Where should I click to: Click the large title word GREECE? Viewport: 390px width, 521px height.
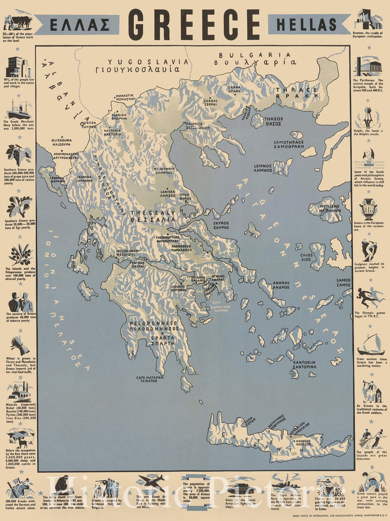(194, 25)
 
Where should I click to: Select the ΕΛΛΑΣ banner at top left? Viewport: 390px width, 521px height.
(79, 25)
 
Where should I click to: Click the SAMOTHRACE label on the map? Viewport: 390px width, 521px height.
(289, 144)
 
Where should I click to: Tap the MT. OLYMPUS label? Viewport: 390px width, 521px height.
(164, 171)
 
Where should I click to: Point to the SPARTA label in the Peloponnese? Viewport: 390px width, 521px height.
(162, 341)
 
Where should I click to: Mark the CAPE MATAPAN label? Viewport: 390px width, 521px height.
(149, 379)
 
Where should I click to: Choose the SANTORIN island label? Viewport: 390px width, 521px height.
(304, 364)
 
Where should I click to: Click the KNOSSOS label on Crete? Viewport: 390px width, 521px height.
(303, 443)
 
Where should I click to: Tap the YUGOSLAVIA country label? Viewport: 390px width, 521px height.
(148, 65)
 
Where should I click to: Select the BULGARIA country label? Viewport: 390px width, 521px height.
(255, 58)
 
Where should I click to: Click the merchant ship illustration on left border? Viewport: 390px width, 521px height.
(18, 110)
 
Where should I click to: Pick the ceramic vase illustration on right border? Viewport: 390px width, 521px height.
(368, 209)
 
